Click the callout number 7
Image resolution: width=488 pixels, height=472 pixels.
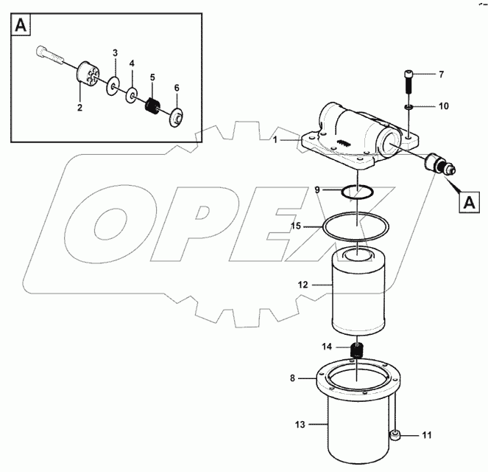441,74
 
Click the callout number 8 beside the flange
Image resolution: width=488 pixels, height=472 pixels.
293,379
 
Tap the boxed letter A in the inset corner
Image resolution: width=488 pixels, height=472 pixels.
21,26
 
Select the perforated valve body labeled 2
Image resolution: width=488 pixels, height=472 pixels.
90,77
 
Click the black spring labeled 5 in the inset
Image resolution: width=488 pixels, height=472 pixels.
152,106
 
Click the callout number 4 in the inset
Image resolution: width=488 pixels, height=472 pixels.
132,64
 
